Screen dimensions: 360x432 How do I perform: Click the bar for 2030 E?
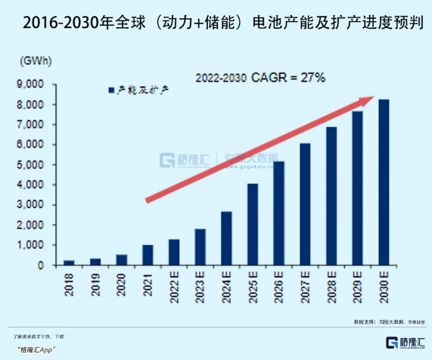(384, 182)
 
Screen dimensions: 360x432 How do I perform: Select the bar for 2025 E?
(252, 225)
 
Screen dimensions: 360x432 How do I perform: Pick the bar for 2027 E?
(305, 204)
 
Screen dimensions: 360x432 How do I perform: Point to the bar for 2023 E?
(200, 247)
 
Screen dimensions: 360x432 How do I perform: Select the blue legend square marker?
(110, 90)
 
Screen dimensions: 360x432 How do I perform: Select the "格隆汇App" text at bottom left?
(39, 349)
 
